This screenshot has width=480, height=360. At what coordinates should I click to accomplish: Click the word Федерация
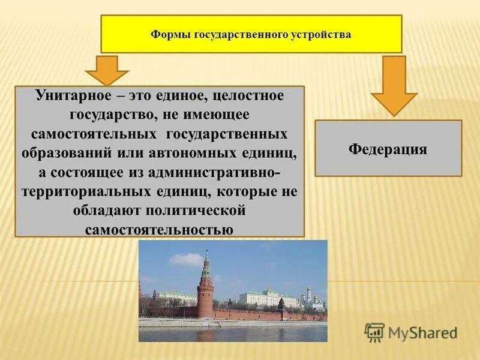[388, 149]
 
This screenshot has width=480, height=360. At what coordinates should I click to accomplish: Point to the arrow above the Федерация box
[394, 84]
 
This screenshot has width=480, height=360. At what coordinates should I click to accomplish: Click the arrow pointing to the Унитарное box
[107, 70]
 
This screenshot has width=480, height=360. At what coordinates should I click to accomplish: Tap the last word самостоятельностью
[159, 229]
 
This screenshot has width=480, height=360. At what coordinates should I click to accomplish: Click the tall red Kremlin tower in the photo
[205, 285]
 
